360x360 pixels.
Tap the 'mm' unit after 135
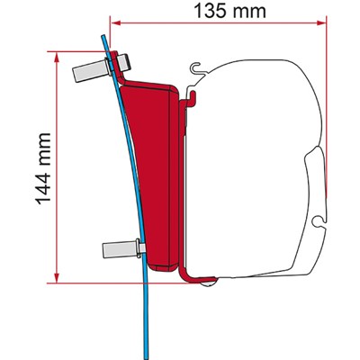pyautogui.click(x=262, y=13)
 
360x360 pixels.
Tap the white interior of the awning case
pyautogui.click(x=261, y=162)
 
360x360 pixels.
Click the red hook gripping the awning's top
pyautogui.click(x=190, y=94)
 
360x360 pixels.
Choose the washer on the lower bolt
pyautogui.click(x=139, y=245)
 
